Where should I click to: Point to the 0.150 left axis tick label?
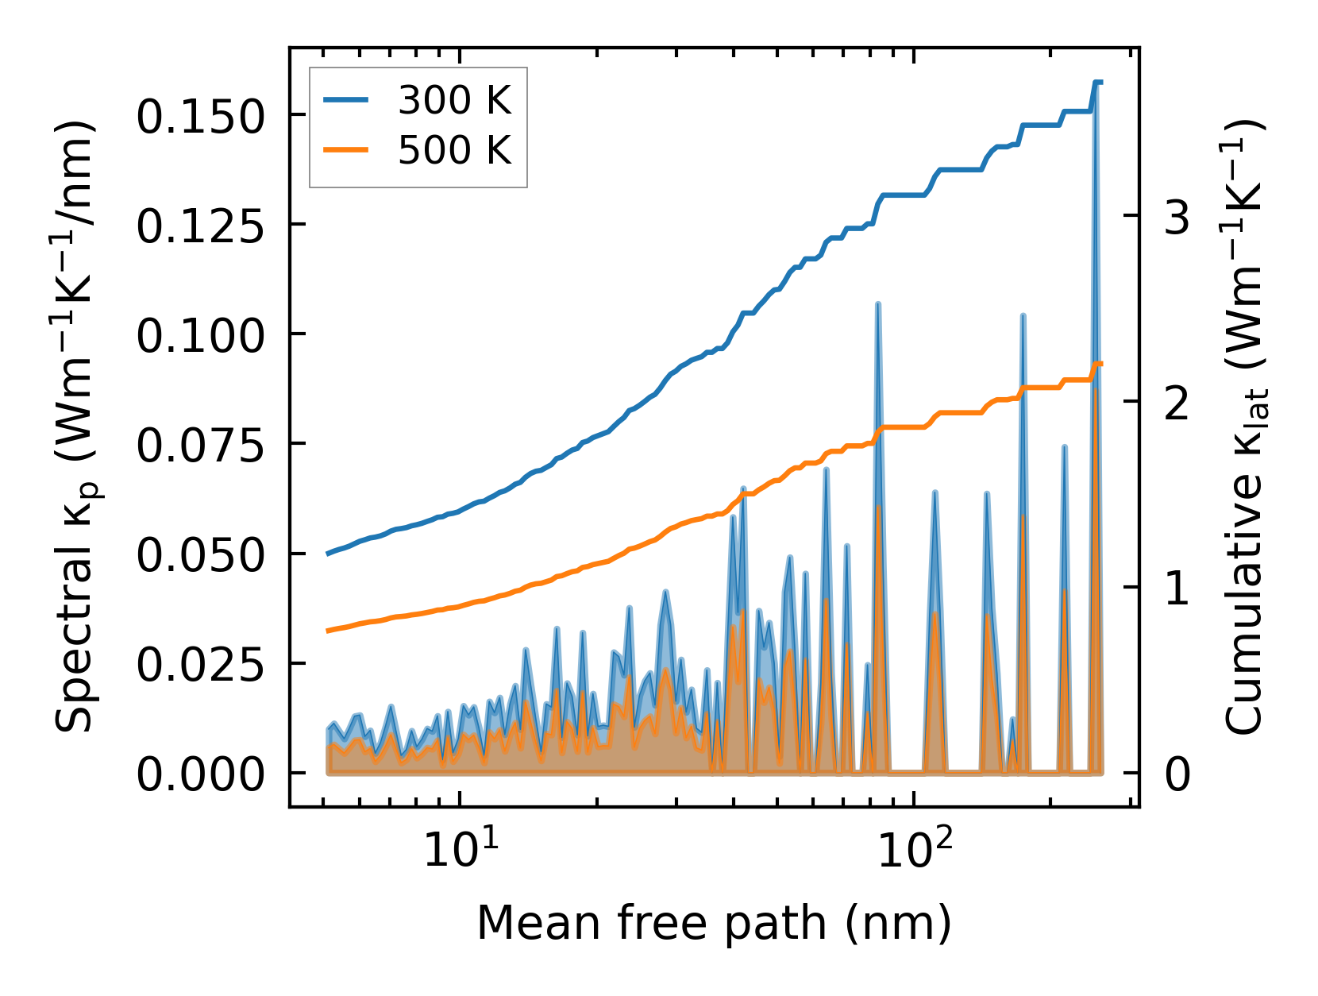point(199,117)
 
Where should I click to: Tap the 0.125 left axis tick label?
point(199,226)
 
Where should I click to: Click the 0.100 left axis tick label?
point(199,336)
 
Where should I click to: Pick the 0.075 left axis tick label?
point(199,446)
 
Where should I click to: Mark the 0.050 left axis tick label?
point(199,555)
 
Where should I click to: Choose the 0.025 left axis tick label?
point(199,665)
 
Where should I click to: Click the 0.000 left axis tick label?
point(199,774)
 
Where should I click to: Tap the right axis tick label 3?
point(1177,216)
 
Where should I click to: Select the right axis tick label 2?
point(1177,403)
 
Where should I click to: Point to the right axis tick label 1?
point(1177,589)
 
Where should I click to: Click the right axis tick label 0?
point(1177,774)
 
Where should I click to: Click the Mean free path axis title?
point(714,923)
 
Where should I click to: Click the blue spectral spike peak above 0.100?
point(878,303)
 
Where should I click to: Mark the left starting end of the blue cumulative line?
point(328,554)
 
